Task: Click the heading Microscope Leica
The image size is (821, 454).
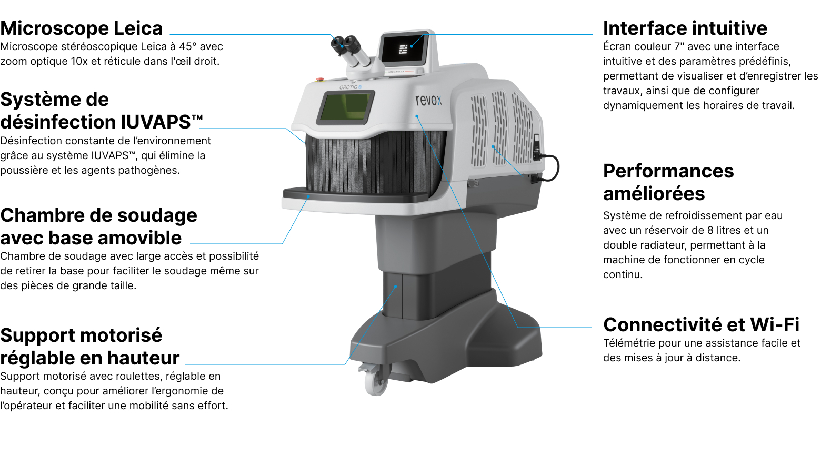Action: (x=82, y=28)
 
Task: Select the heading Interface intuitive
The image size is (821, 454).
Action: (x=685, y=28)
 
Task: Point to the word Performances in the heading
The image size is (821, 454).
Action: (x=668, y=171)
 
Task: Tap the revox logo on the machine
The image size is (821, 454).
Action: (x=428, y=100)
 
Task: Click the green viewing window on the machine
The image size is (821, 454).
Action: (x=344, y=107)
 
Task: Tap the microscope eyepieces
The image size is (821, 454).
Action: (x=345, y=44)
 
